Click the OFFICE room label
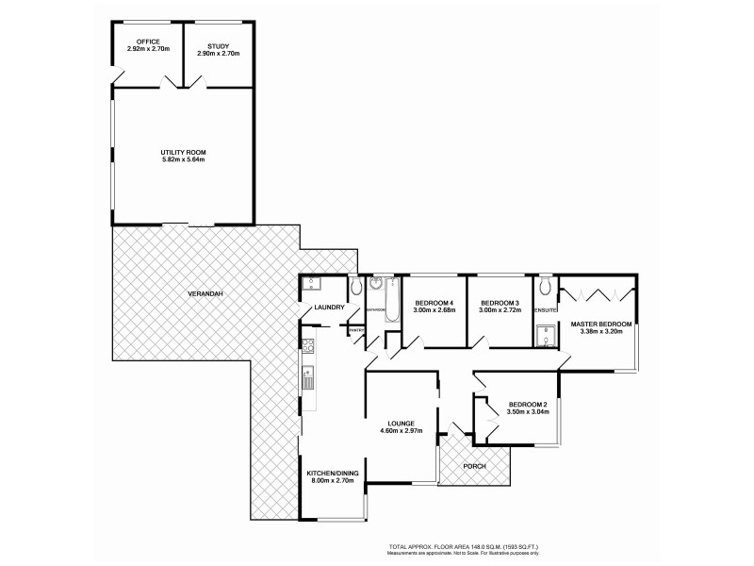pyautogui.click(x=147, y=42)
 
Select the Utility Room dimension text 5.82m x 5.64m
pyautogui.click(x=183, y=159)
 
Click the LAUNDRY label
pyautogui.click(x=330, y=308)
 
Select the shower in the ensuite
pyautogui.click(x=545, y=337)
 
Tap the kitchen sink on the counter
pyautogui.click(x=307, y=380)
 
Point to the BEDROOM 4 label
pyautogui.click(x=434, y=303)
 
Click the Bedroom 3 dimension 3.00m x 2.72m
pyautogui.click(x=500, y=310)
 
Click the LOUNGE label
pyautogui.click(x=401, y=424)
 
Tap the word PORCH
pyautogui.click(x=474, y=465)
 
